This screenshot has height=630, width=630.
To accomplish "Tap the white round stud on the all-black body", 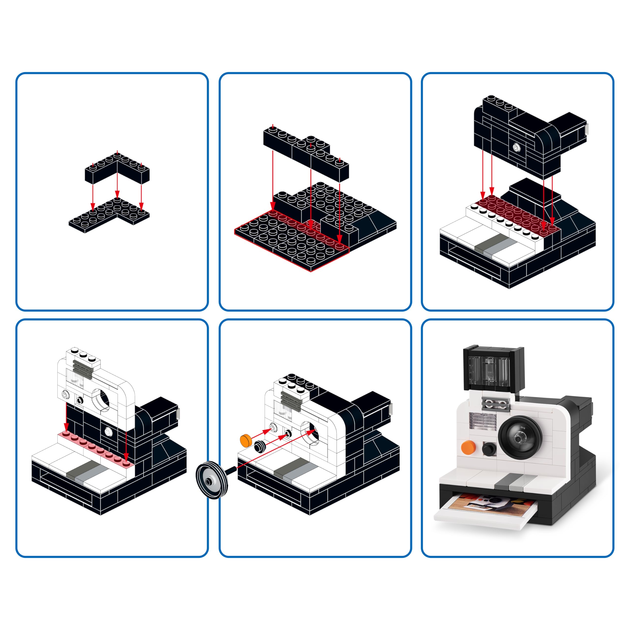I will pyautogui.click(x=516, y=147).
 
